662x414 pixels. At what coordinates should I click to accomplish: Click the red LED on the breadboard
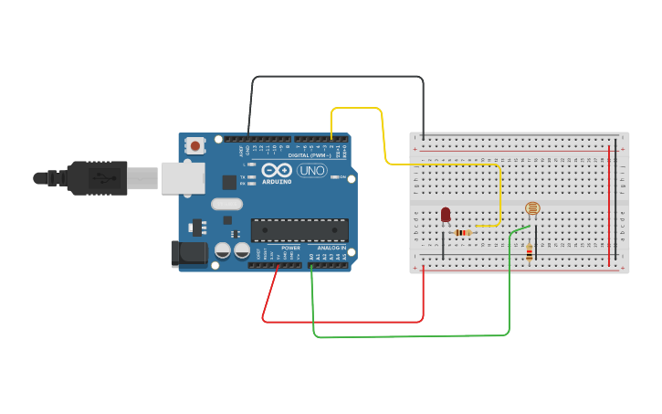[x=446, y=215]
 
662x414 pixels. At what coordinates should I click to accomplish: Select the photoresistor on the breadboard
[x=532, y=209]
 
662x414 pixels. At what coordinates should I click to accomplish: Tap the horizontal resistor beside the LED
[x=463, y=233]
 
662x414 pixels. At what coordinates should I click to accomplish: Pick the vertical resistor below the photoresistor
[x=530, y=252]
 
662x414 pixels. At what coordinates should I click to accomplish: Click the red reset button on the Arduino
[x=194, y=145]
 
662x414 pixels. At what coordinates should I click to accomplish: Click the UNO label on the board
[x=311, y=170]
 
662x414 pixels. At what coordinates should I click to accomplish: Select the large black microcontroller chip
[x=299, y=230]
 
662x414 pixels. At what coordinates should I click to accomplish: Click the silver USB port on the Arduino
[x=183, y=178]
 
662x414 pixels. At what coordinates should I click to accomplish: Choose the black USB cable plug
[x=96, y=178]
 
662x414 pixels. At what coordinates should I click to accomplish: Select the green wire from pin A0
[x=411, y=336]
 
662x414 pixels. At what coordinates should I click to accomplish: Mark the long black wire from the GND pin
[x=338, y=77]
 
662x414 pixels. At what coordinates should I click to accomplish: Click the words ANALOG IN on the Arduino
[x=331, y=248]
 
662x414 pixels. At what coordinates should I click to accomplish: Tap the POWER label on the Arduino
[x=290, y=248]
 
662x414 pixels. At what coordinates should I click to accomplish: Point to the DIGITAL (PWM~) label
[x=310, y=155]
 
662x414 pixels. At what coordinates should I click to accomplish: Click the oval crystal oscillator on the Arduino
[x=226, y=204]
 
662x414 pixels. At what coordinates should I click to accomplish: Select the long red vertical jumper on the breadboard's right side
[x=609, y=206]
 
